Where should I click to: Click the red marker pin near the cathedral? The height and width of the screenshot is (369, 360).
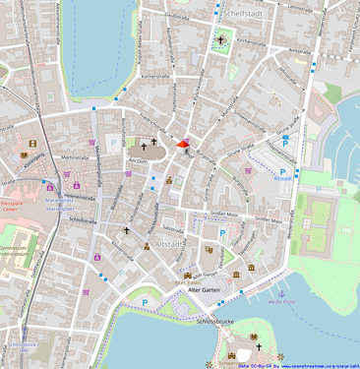182,146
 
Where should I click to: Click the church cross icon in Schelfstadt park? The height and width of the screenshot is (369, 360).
221,40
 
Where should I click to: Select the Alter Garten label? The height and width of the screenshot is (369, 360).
205,291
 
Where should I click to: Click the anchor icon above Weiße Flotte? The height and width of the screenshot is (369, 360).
281,293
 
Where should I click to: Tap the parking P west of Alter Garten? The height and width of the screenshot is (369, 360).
145,301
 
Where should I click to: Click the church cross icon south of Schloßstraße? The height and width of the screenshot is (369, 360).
126,232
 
